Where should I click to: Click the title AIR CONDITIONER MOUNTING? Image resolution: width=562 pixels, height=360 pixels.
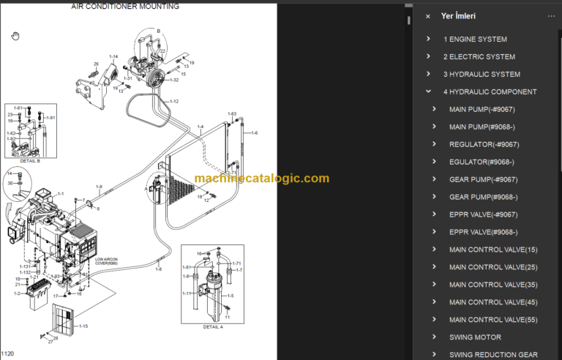124,7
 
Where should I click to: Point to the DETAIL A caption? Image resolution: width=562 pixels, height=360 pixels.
213,327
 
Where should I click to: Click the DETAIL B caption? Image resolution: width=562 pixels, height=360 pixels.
29,161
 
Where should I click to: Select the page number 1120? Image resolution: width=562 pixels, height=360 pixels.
8,353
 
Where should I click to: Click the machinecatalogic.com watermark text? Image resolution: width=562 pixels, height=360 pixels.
262,179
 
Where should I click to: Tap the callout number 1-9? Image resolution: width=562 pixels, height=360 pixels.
99,187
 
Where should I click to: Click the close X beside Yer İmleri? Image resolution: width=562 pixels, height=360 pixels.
428,16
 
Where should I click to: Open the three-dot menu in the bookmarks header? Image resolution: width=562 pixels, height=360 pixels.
551,16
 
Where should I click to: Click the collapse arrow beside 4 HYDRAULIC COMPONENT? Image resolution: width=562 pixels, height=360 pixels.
429,92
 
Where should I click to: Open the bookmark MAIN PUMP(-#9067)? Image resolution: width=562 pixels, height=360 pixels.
483,110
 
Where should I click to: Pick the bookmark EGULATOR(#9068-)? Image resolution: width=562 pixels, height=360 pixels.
481,162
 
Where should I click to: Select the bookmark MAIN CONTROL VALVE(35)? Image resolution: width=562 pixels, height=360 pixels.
492,285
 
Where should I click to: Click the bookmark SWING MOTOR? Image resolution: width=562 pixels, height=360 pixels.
475,337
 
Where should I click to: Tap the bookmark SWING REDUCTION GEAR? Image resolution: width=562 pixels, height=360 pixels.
493,355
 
